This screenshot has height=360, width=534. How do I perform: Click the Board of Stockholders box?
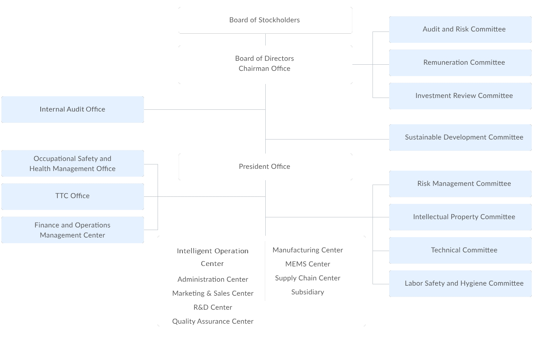[265, 20]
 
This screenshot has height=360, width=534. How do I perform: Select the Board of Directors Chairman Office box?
[265, 64]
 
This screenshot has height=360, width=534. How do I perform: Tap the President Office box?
[265, 167]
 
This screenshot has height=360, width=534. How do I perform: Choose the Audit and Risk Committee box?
[460, 29]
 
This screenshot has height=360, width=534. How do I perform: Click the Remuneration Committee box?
[460, 63]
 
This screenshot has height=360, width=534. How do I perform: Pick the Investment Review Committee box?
[460, 96]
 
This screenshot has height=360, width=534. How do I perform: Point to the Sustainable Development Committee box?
[460, 137]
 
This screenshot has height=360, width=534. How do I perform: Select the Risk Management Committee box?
[460, 184]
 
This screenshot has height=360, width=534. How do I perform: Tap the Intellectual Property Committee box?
[460, 217]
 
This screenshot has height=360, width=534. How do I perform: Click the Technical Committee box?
[460, 250]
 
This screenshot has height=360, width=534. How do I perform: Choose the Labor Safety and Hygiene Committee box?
[460, 283]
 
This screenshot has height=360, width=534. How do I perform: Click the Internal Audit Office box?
[73, 109]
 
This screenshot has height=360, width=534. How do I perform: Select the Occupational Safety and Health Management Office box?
[73, 164]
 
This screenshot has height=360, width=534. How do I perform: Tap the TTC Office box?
[73, 196]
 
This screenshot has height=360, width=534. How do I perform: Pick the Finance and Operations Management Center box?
[73, 230]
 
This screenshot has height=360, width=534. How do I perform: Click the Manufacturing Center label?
[308, 250]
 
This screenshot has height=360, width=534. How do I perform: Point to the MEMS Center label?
[308, 264]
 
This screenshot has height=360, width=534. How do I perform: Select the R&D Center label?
[213, 308]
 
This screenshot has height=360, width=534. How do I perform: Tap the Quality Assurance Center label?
[213, 322]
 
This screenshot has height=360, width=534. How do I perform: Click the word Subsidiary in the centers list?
[308, 292]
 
